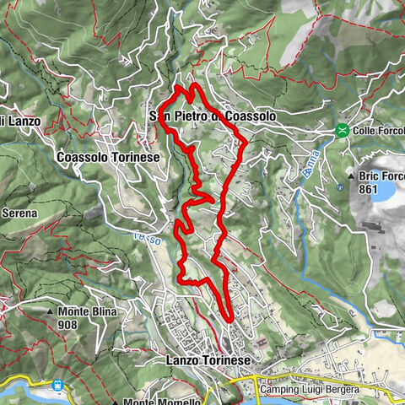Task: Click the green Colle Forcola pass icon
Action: pos(342,131)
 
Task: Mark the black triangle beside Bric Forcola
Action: pos(351,177)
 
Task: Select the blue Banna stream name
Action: pos(308,164)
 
